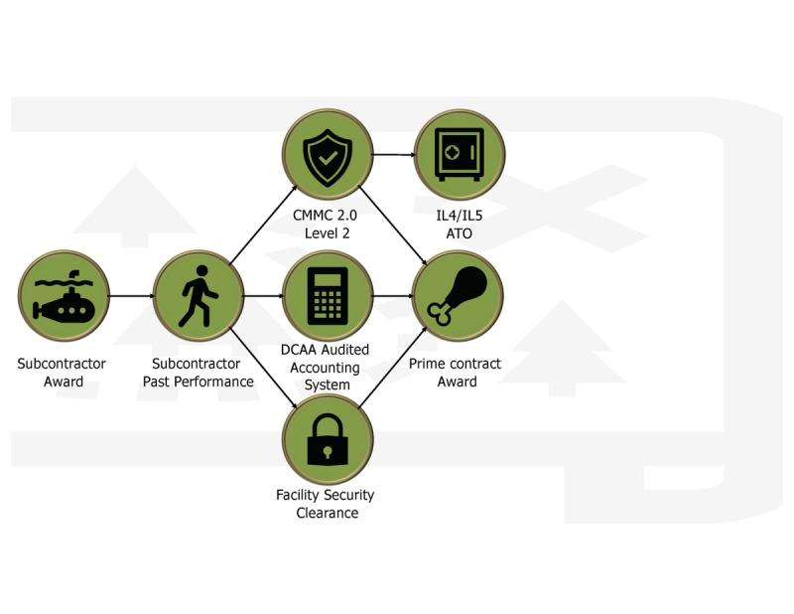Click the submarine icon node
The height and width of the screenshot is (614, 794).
pyautogui.click(x=64, y=295)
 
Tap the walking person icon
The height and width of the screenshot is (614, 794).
pyautogui.click(x=198, y=295)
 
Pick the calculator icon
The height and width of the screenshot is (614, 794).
pyautogui.click(x=328, y=295)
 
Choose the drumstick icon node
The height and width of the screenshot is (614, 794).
pyautogui.click(x=458, y=295)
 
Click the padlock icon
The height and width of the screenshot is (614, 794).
pyautogui.click(x=328, y=440)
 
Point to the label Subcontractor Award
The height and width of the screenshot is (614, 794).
pyautogui.click(x=62, y=373)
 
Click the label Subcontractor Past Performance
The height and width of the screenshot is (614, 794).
pyautogui.click(x=198, y=373)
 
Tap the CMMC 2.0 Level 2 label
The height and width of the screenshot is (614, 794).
pyautogui.click(x=328, y=225)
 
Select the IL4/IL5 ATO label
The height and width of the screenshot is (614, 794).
pyautogui.click(x=459, y=225)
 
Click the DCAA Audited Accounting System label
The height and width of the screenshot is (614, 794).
pyautogui.click(x=328, y=367)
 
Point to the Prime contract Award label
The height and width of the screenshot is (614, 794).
pyautogui.click(x=457, y=373)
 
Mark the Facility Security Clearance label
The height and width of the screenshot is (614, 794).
pyautogui.click(x=327, y=504)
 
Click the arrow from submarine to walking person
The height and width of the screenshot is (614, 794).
pyautogui.click(x=131, y=295)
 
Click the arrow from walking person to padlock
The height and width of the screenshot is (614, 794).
pyautogui.click(x=263, y=367)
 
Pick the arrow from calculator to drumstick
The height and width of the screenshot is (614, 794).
pyautogui.click(x=393, y=295)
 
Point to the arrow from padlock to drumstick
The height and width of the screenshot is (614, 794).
pyautogui.click(x=393, y=369)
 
